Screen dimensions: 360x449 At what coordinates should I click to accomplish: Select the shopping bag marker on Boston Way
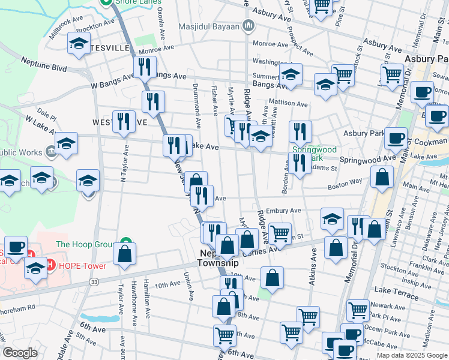(382, 178)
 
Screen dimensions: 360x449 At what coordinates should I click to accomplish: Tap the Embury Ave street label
(286, 211)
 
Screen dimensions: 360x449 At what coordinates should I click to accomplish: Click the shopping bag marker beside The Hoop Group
(125, 253)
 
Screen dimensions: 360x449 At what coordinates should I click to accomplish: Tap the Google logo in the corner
(20, 353)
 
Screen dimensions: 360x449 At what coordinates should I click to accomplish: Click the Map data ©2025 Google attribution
(411, 355)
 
